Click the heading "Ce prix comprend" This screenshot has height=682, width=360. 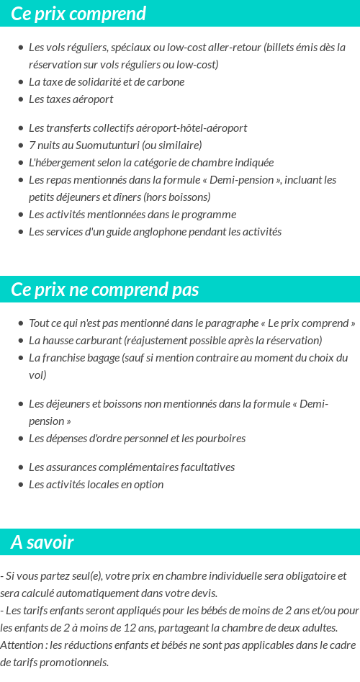click(x=78, y=14)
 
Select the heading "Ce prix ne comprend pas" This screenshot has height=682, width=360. click(x=105, y=290)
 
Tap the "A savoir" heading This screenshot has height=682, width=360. click(x=42, y=542)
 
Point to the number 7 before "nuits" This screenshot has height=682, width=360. click(x=32, y=145)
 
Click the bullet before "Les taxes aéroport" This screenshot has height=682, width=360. click(x=20, y=99)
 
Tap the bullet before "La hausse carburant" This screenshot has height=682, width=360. click(x=20, y=341)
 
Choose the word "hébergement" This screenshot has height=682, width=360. click(x=65, y=163)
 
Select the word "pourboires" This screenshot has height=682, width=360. click(x=220, y=439)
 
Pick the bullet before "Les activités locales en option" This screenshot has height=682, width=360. click(x=20, y=485)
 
